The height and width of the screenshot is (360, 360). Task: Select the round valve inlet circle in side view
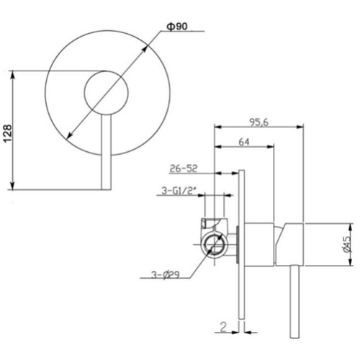[x=214, y=245]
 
